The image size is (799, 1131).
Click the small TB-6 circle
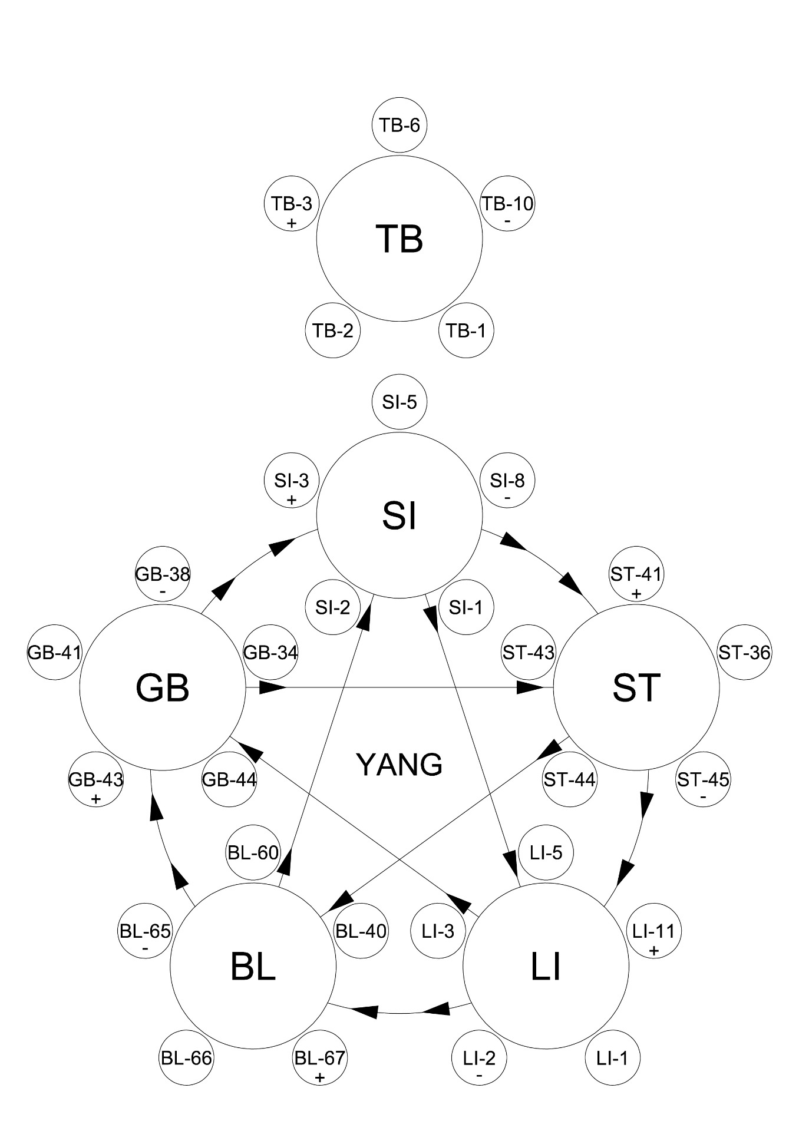399,125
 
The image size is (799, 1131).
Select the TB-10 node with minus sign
507,210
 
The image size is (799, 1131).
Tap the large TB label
399,239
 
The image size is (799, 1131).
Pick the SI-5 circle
399,402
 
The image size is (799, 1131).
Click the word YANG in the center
399,765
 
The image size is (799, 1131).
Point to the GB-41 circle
54,653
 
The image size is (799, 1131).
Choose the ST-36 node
744,653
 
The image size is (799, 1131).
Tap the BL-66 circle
186,1058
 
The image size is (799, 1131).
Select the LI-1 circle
612,1058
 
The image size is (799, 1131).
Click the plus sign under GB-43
96,800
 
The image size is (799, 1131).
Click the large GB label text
163,687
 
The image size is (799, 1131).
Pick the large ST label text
636,687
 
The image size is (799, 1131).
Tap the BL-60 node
253,852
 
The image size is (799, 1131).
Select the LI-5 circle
546,852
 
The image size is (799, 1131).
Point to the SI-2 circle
333,607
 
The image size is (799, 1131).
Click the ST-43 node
528,653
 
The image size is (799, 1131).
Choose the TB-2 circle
333,330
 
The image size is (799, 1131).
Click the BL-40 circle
361,931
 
